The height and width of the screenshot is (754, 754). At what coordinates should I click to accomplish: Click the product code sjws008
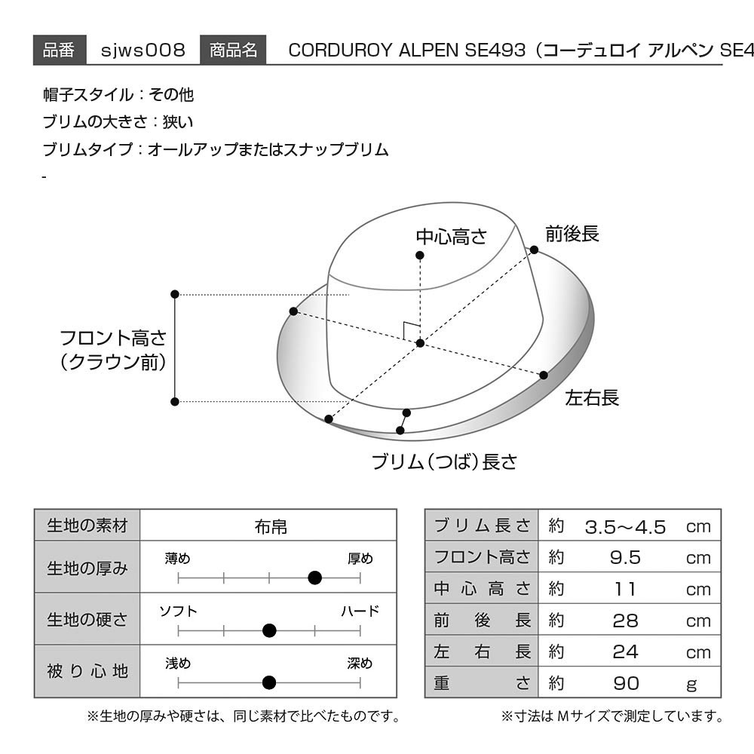click(143, 50)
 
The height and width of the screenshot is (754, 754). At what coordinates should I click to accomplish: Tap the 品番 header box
click(60, 50)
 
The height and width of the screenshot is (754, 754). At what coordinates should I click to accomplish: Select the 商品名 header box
click(233, 50)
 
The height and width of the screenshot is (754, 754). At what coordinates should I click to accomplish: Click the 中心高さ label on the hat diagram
click(451, 237)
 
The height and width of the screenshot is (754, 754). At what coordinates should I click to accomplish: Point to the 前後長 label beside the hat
click(572, 234)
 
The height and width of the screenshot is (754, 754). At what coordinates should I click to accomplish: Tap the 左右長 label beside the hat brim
click(591, 397)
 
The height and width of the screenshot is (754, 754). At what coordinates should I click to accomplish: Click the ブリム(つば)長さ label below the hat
click(444, 461)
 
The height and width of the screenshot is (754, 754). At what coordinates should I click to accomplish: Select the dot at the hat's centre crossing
click(420, 343)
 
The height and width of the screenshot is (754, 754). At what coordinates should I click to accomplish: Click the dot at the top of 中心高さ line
click(420, 256)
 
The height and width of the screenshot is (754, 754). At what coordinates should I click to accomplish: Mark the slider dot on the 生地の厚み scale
click(314, 578)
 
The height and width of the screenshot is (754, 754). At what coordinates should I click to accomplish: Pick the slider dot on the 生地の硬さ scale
click(269, 630)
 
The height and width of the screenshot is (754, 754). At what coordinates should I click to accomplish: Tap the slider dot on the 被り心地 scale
click(269, 682)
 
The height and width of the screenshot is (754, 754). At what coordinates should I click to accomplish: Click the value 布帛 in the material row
click(271, 527)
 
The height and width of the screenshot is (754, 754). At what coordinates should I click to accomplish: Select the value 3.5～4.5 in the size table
click(625, 527)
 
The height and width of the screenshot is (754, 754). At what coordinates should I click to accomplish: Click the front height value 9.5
click(625, 558)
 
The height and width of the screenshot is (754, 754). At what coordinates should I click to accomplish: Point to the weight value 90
click(626, 683)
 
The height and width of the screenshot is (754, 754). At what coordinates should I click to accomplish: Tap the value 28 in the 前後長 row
click(625, 621)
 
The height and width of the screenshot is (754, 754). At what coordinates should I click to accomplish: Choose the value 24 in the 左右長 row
click(625, 652)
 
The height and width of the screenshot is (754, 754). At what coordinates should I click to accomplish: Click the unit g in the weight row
click(692, 685)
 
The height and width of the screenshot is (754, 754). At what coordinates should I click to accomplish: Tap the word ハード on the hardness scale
click(360, 611)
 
